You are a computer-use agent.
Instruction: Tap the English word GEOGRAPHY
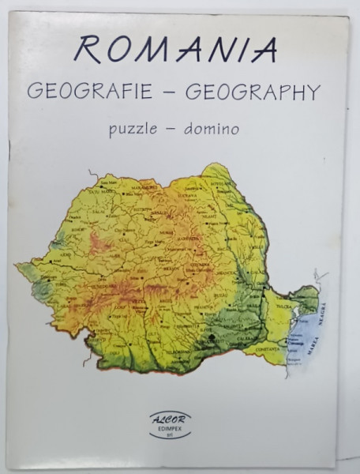(x=252, y=92)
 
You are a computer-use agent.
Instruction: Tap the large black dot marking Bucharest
(x=213, y=339)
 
